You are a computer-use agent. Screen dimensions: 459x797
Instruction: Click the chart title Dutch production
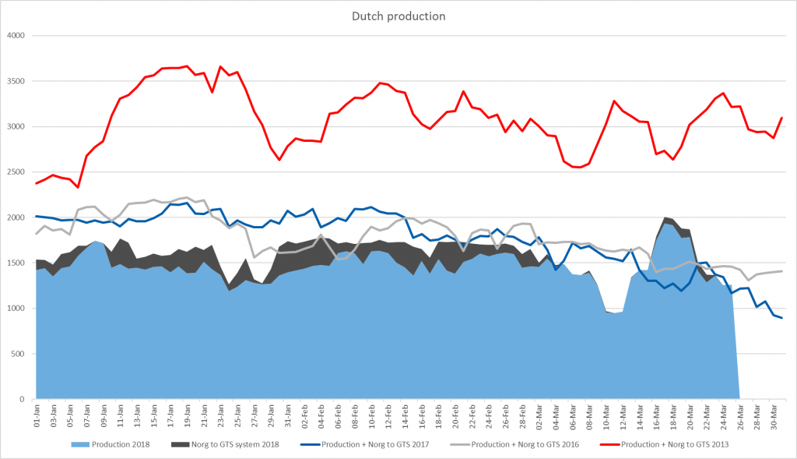pos(398,16)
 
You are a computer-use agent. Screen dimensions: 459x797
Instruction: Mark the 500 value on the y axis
pos(19,354)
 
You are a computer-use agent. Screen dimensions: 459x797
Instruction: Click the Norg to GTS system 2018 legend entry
pos(233,445)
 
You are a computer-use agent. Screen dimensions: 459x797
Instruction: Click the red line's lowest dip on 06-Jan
pos(78,187)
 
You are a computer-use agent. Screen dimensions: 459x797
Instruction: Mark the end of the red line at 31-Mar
pos(781,118)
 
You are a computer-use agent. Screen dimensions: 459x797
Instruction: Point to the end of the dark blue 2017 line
pos(781,318)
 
